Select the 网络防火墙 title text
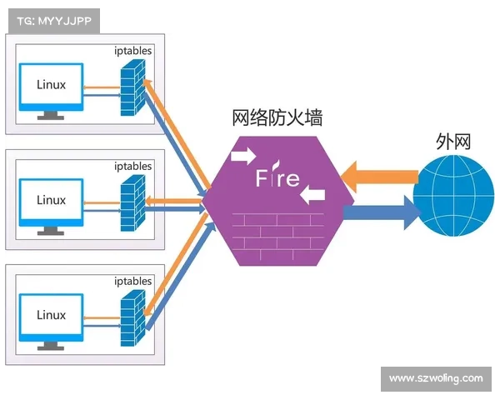277,117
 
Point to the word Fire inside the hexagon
277,178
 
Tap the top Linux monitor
51,87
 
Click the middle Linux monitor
51,202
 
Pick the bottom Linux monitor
51,317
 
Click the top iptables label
132,51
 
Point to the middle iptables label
132,166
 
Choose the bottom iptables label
132,281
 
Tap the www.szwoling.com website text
436,378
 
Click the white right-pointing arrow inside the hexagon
245,155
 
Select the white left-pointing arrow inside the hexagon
312,195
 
